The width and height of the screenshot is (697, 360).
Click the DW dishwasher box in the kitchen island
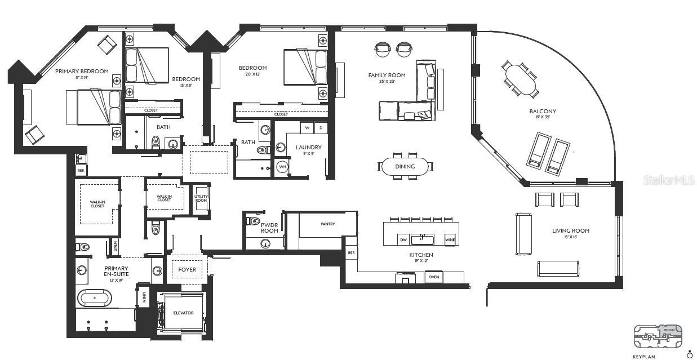click(403, 239)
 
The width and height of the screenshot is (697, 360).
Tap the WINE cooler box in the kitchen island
click(450, 239)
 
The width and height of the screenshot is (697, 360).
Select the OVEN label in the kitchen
click(434, 277)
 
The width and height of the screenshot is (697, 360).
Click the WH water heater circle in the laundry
click(282, 167)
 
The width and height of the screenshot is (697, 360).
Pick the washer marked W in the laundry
click(307, 127)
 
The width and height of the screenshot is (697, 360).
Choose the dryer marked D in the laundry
click(321, 127)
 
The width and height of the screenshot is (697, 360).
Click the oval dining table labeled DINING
click(405, 166)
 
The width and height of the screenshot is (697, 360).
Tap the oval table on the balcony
click(520, 79)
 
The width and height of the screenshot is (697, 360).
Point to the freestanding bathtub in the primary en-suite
click(95, 297)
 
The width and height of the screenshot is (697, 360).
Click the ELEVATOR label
click(183, 313)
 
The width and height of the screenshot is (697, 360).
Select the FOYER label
click(187, 270)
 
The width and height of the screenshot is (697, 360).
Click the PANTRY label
click(328, 224)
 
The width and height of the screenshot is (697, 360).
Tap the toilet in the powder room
click(252, 221)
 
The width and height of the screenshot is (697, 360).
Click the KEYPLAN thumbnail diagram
click(657, 336)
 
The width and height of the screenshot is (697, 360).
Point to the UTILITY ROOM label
click(201, 198)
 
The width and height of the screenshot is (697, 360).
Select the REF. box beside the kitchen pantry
click(351, 254)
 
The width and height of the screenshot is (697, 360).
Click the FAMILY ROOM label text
click(387, 75)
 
